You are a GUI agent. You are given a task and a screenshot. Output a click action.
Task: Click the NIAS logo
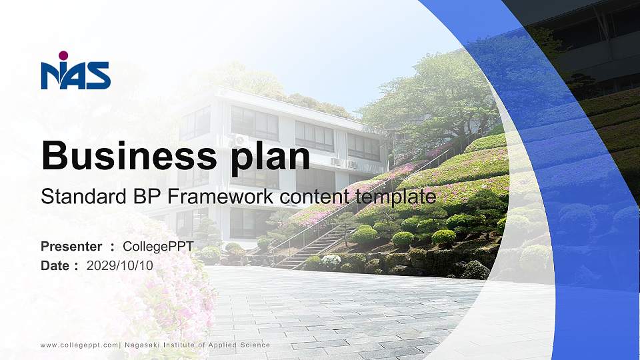point(75,72)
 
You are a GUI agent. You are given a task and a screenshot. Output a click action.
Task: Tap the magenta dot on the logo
point(63,55)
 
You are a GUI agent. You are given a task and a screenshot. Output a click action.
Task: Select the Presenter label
point(71,247)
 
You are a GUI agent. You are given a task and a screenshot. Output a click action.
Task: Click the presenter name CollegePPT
point(158,247)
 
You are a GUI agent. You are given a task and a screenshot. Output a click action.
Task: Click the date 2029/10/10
point(120,265)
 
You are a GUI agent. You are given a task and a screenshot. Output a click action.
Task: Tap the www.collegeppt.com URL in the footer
point(79,345)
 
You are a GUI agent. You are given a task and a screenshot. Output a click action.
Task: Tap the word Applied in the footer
point(223,345)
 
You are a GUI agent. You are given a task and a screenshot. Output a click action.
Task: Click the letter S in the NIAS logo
point(99,76)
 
